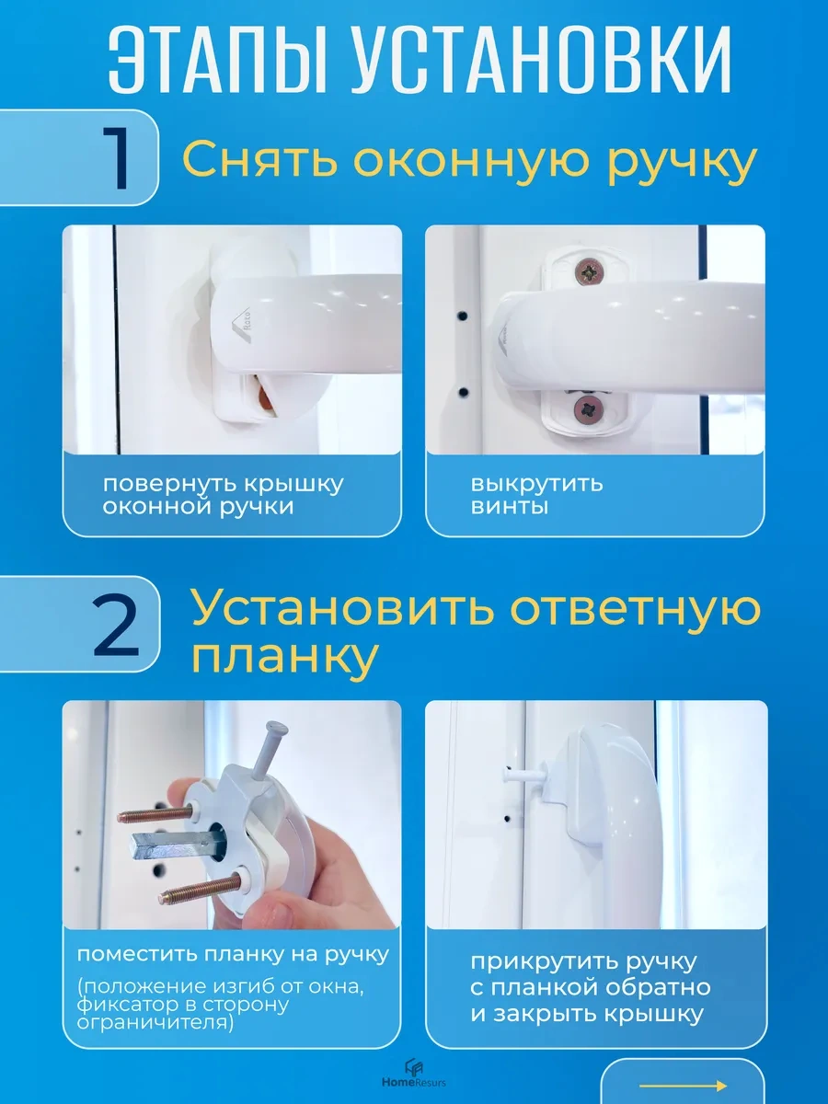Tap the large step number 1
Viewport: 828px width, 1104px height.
[x=117, y=157]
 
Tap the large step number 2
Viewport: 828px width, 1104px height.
[x=116, y=627]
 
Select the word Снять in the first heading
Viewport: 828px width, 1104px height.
[x=258, y=160]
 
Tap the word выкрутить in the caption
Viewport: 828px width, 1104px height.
[x=536, y=483]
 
